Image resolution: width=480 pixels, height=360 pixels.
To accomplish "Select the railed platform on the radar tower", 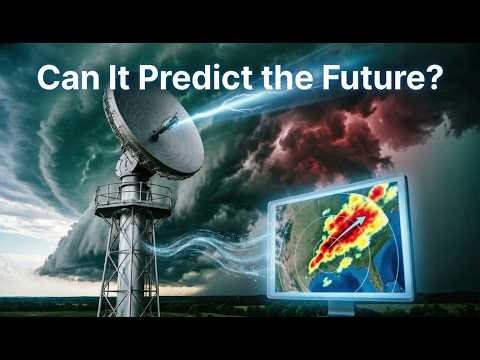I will (133, 196).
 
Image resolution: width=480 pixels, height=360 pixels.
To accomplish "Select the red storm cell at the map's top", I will (377, 192).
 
